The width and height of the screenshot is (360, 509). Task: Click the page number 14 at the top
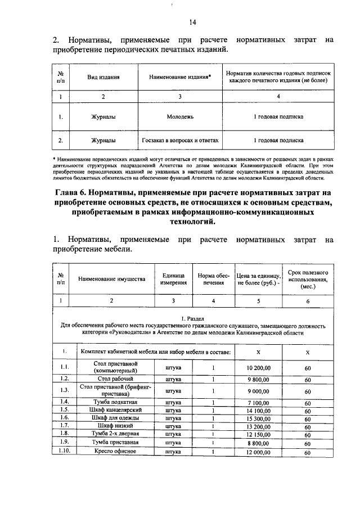tap(192, 22)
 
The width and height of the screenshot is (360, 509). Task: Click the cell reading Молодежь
tap(180, 117)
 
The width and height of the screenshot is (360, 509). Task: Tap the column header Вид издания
tap(103, 76)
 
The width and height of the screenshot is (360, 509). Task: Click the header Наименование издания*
tap(180, 76)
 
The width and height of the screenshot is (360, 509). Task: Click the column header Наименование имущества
tap(111, 278)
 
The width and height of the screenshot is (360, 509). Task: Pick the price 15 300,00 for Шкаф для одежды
tap(259, 418)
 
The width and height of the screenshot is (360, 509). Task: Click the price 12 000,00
tap(259, 452)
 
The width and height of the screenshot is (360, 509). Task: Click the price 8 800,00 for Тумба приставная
tap(259, 443)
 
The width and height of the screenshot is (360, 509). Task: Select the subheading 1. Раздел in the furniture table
tap(192, 318)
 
